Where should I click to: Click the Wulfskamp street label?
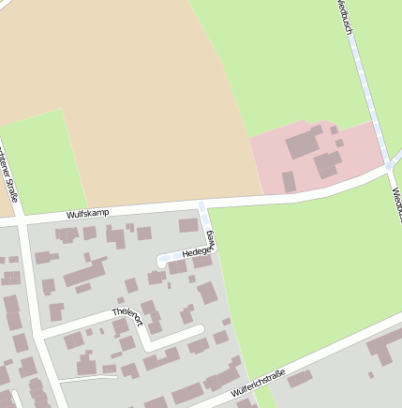click(87, 214)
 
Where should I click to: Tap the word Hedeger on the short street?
click(196, 252)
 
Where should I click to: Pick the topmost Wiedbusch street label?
click(344, 16)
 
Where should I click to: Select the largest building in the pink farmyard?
click(303, 144)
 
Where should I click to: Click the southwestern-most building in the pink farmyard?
click(289, 181)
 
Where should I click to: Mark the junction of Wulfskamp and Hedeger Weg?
click(202, 205)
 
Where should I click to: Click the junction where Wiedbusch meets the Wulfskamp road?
click(388, 166)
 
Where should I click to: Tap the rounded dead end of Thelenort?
click(199, 329)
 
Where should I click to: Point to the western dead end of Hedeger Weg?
click(162, 262)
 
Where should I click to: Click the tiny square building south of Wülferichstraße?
click(371, 375)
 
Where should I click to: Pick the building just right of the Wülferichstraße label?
click(300, 378)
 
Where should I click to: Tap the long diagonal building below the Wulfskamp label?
click(84, 274)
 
